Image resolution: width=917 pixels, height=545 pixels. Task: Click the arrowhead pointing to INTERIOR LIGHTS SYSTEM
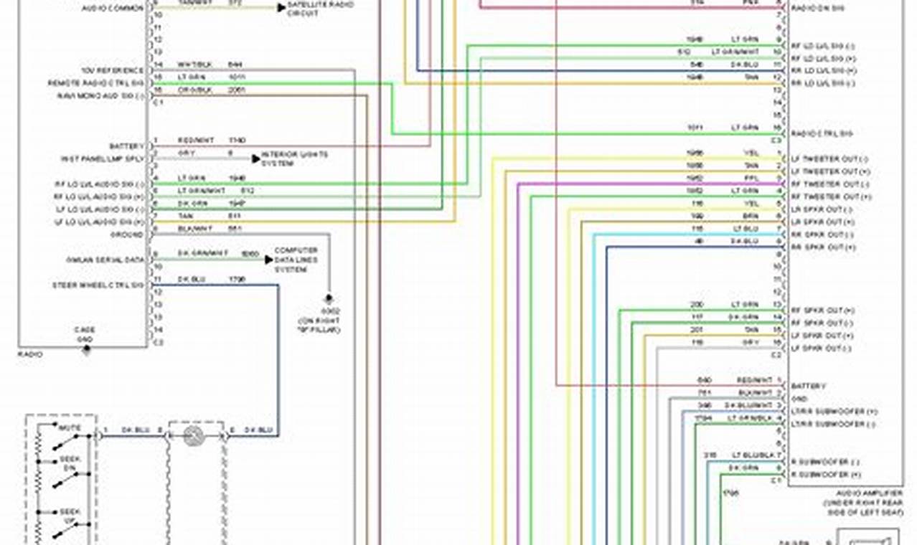255,158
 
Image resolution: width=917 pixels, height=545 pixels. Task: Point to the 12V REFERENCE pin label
112,71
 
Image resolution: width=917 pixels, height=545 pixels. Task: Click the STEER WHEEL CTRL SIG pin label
98,285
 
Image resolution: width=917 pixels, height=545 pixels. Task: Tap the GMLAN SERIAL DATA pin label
105,260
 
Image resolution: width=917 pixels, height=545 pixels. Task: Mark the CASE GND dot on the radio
86,350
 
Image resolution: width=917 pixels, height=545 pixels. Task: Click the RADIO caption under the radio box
31,354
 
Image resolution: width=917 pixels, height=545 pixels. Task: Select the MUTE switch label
70,428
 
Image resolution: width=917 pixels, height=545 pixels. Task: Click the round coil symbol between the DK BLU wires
192,435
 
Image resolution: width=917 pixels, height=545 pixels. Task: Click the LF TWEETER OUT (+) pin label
825,172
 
